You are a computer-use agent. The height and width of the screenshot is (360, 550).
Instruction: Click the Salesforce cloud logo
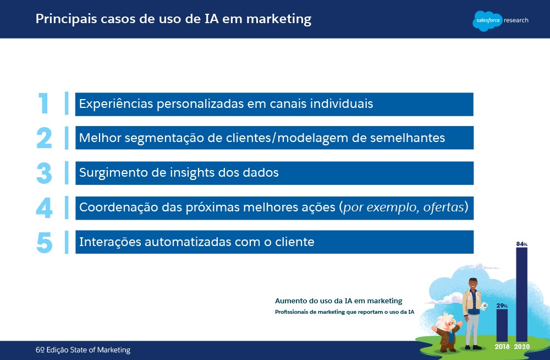click(487, 21)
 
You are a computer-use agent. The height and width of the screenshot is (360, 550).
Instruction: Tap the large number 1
click(43, 103)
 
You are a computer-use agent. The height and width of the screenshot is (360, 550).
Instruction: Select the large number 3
click(44, 173)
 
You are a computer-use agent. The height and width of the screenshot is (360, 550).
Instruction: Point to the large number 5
click(44, 242)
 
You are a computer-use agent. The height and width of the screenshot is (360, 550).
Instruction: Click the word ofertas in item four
click(444, 207)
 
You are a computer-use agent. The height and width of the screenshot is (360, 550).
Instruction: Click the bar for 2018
click(502, 325)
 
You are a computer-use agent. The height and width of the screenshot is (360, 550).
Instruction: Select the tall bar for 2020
click(521, 294)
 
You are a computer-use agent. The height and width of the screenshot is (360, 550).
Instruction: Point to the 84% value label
click(521, 244)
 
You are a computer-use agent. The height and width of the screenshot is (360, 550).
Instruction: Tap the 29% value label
click(502, 306)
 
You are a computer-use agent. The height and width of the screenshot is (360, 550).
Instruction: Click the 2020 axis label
click(522, 347)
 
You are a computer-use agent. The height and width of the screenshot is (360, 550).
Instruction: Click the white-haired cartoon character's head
click(446, 321)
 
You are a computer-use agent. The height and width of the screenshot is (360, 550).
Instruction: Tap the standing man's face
click(473, 285)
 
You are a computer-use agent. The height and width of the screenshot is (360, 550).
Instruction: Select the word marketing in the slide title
click(279, 19)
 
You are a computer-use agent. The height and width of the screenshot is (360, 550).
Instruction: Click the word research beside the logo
click(516, 20)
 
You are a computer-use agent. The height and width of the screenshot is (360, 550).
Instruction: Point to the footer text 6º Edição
click(52, 350)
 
